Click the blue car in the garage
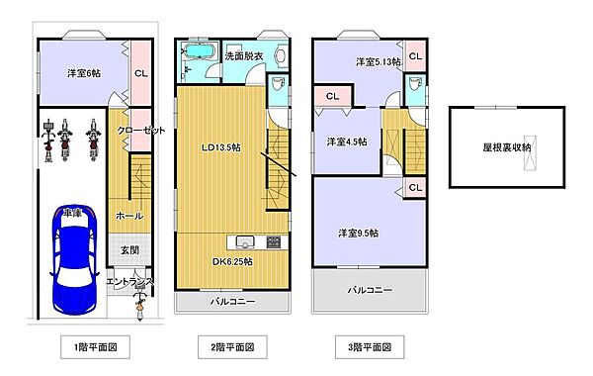(74, 260)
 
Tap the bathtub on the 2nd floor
(199, 50)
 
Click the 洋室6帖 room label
(84, 73)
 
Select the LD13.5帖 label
(221, 147)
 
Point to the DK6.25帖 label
(232, 261)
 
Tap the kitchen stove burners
(274, 241)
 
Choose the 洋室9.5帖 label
(358, 233)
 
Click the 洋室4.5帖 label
(347, 141)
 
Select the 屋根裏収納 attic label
(506, 146)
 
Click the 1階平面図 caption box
(95, 347)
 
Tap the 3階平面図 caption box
(370, 347)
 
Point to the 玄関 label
(129, 250)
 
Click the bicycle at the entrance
(140, 303)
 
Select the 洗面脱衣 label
(244, 56)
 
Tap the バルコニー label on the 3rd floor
(370, 290)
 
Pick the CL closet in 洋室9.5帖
(415, 187)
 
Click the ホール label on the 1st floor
(129, 216)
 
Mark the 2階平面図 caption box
(232, 347)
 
